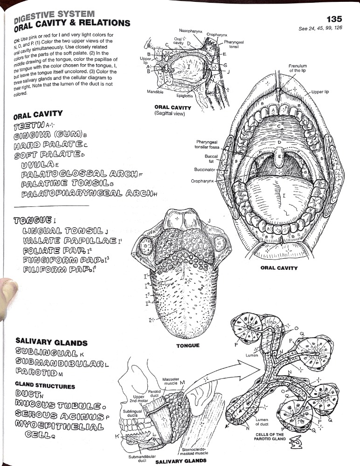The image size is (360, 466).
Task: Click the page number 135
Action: (334, 19)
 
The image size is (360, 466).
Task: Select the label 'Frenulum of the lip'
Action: (297, 68)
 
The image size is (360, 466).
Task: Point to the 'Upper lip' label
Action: (320, 92)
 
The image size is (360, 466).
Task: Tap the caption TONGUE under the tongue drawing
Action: (188, 345)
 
